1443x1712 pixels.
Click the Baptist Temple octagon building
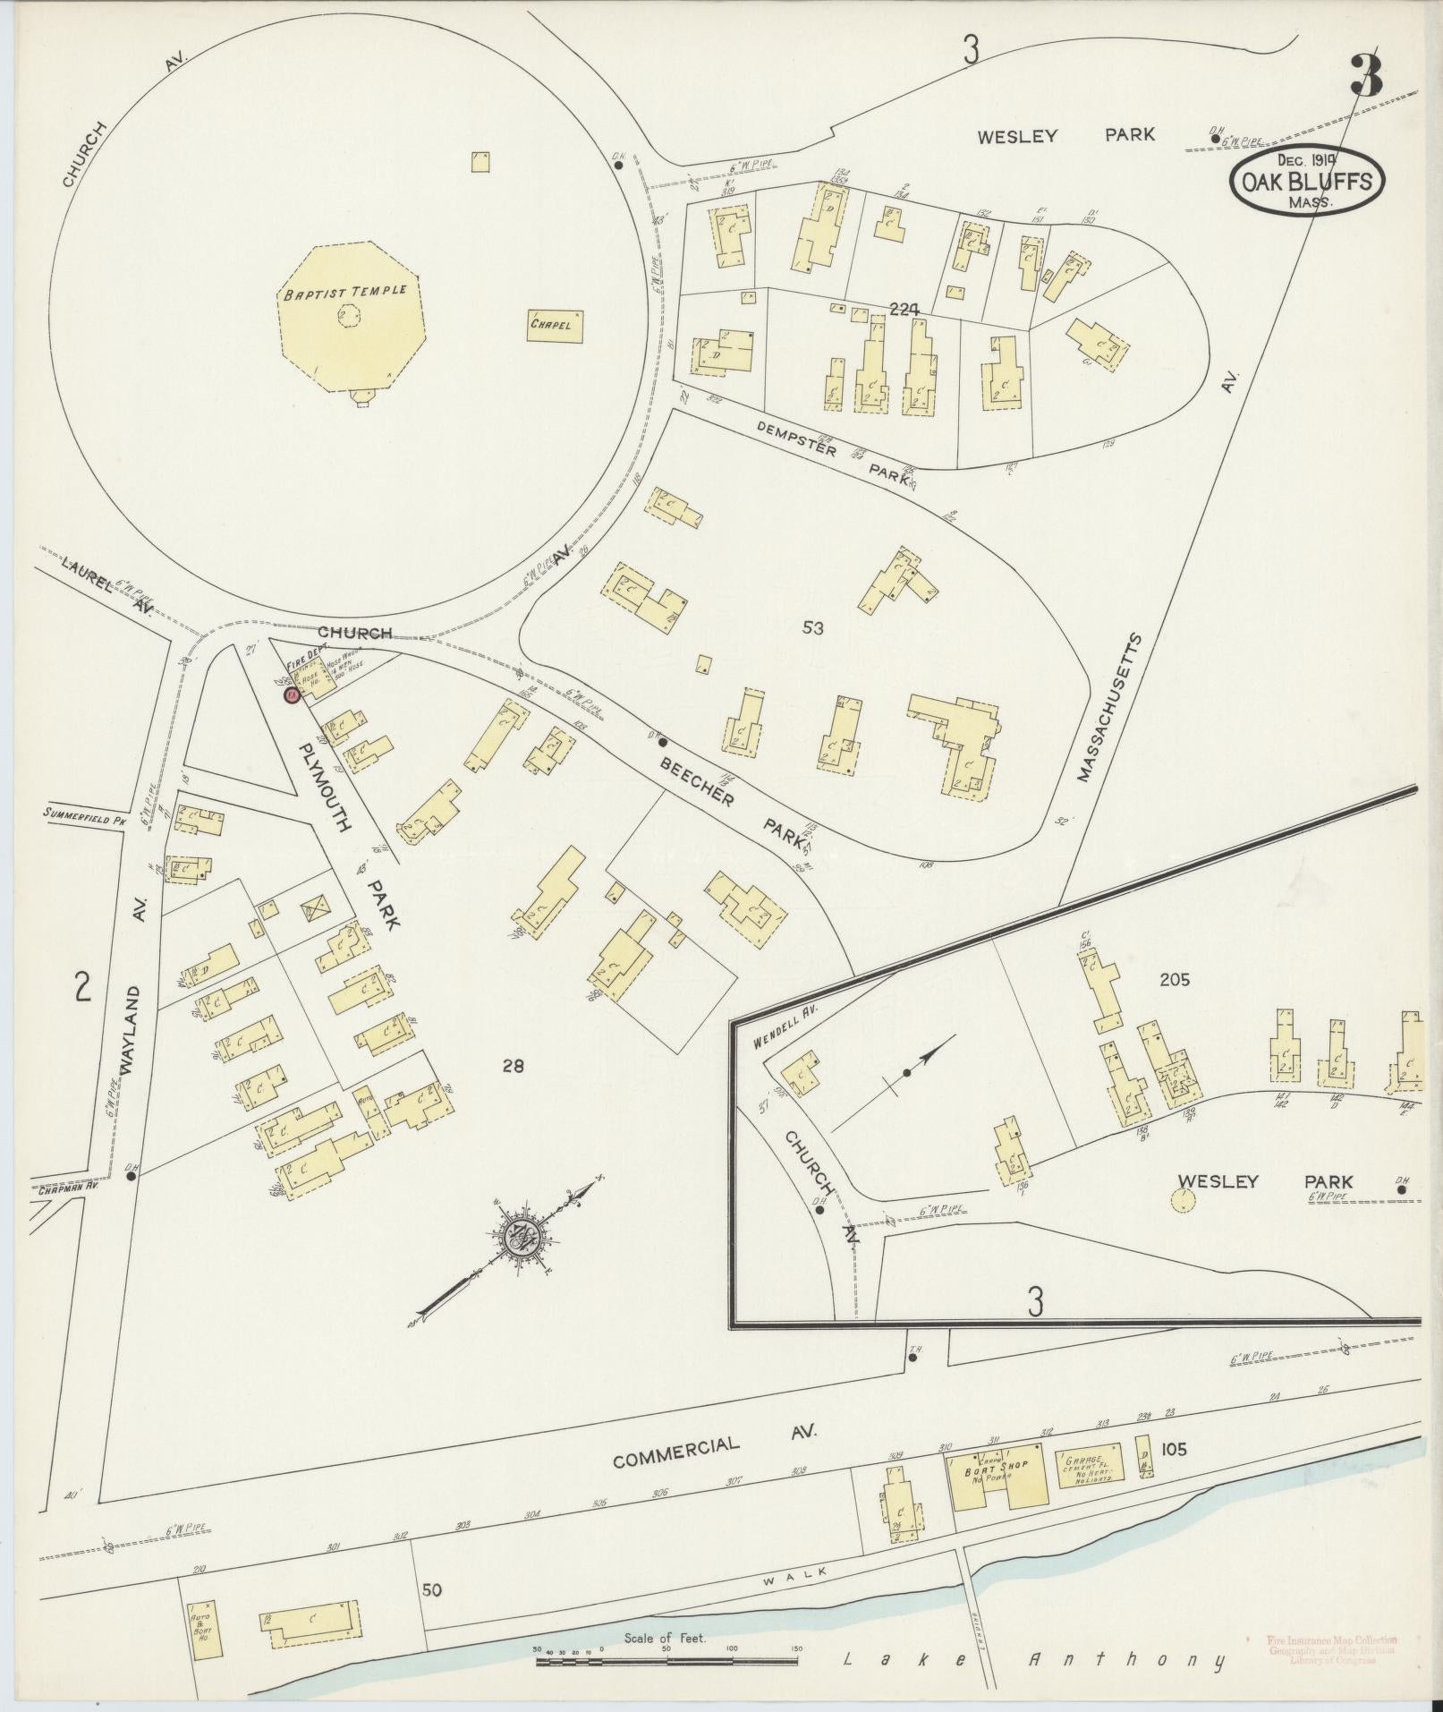point(349,318)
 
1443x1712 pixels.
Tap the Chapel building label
point(556,326)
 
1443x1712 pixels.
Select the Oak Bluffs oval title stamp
point(1307,182)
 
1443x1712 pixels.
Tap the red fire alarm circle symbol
point(291,694)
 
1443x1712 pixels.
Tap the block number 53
point(812,628)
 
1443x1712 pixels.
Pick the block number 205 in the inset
point(1174,980)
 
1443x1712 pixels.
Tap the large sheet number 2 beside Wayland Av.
point(83,989)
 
